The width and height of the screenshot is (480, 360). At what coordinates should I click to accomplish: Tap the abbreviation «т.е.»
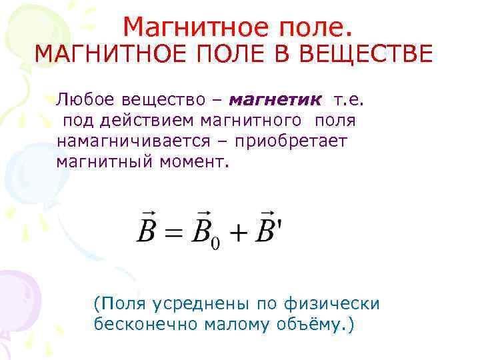pos(350,101)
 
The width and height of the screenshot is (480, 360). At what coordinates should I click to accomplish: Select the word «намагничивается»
pos(135,141)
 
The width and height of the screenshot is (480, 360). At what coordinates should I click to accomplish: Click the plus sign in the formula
pos(238,233)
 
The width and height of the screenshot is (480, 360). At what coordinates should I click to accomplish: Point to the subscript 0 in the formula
pos(215,245)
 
